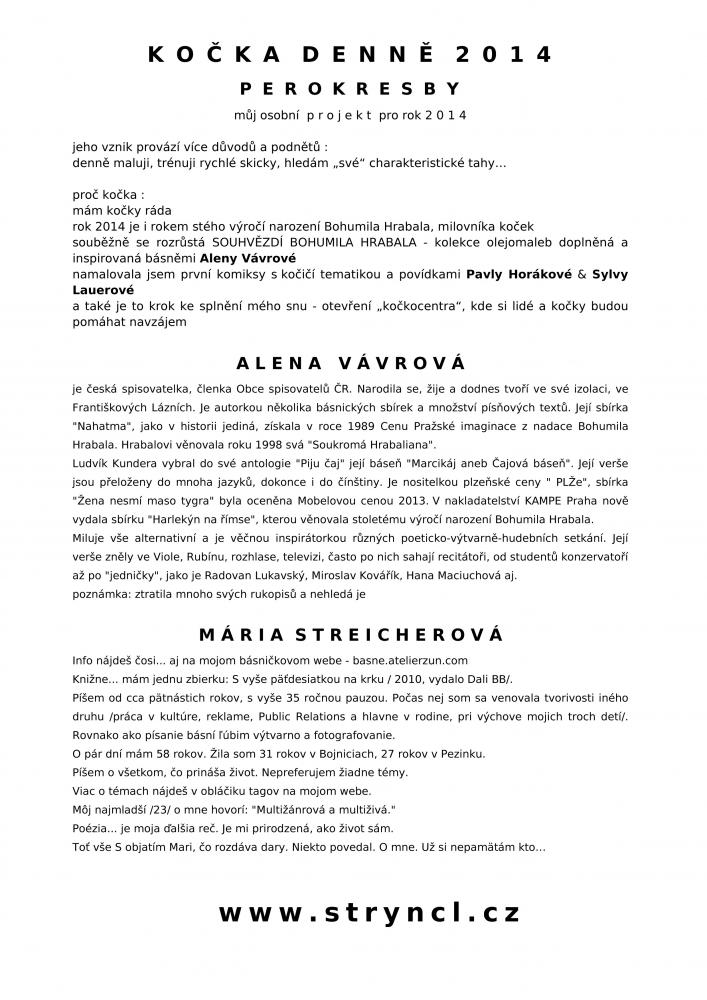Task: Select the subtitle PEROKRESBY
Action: click(352, 89)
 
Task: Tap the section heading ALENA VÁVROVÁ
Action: click(353, 361)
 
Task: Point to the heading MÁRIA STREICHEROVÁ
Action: click(352, 635)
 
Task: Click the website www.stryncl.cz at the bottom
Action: click(369, 912)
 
